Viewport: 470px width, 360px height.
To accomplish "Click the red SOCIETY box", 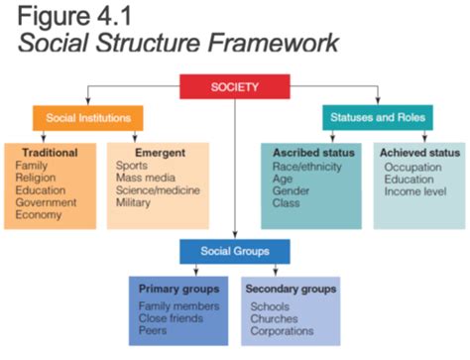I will [235, 87].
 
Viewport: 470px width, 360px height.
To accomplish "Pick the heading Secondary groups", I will [290, 289].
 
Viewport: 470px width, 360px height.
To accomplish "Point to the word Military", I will [136, 202].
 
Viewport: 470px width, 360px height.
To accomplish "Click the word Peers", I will [155, 332].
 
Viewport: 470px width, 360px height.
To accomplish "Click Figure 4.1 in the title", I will [73, 18].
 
